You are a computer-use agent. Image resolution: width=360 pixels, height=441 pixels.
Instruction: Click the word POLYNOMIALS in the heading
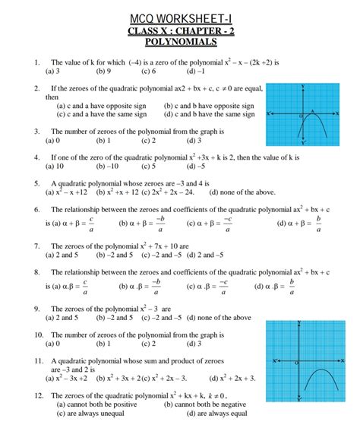pos(180,43)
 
